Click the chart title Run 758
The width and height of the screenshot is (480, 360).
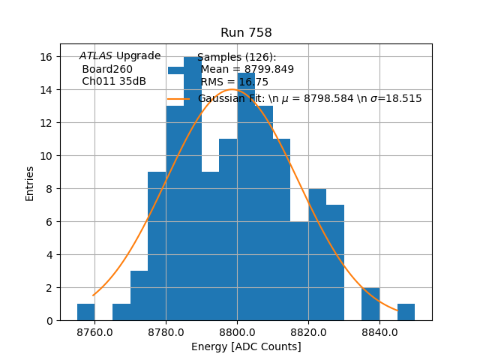coord(246,33)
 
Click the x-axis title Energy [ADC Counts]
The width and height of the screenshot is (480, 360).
coord(246,346)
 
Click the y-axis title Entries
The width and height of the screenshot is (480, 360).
coord(30,182)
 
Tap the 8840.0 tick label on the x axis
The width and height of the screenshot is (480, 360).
coord(379,332)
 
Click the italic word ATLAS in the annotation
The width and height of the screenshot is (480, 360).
coord(95,56)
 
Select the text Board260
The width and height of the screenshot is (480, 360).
coord(107,69)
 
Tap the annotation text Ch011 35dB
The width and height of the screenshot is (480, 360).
coord(114,81)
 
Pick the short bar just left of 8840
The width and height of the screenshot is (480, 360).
coord(370,304)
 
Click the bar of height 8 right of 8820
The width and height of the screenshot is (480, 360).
coord(317,255)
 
